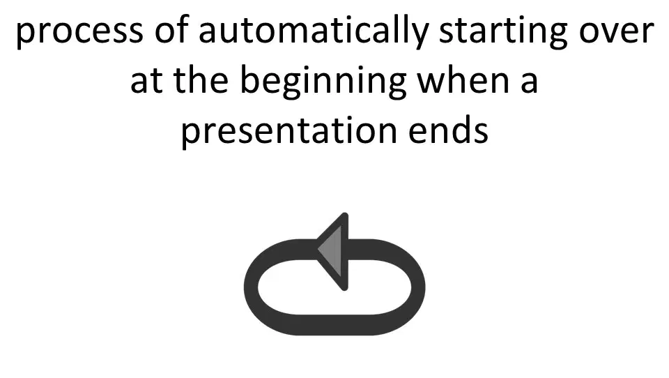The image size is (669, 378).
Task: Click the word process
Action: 79,31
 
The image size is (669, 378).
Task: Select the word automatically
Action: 314,31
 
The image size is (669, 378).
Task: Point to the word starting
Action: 503,33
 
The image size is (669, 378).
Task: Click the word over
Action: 616,31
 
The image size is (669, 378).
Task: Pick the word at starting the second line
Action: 146,81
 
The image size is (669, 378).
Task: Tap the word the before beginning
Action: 201,79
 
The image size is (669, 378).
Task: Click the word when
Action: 463,79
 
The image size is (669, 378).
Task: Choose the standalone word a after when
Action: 530,81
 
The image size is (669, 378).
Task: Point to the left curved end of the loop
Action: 252,287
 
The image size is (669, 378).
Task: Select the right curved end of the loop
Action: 418,287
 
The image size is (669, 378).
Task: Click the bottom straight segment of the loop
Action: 335,325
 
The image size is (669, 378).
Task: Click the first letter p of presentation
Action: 190,134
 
